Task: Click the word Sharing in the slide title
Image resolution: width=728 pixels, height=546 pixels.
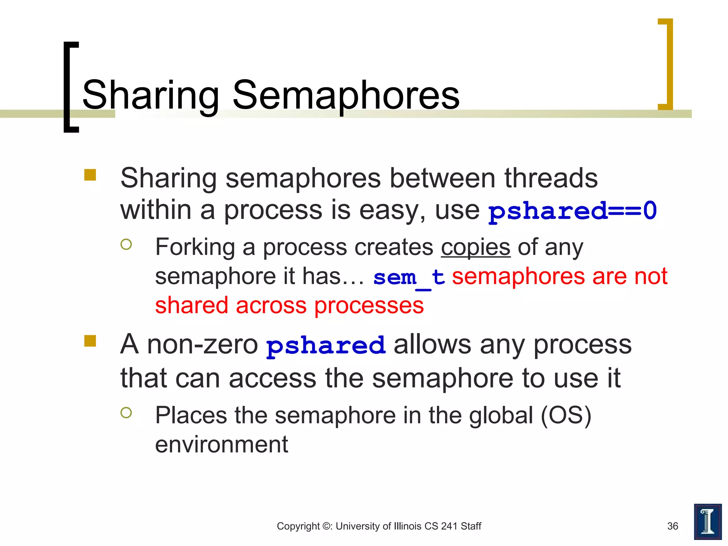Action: coord(151,95)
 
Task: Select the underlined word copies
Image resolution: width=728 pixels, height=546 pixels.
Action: coord(476,247)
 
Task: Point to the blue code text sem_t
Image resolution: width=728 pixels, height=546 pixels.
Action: coord(409,277)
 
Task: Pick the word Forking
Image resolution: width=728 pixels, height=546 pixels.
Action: coord(195,247)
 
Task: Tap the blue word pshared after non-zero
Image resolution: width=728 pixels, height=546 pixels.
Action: coord(326,345)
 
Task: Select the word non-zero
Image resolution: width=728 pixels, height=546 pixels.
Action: coord(202,344)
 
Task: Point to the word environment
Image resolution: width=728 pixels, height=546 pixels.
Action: coord(221,444)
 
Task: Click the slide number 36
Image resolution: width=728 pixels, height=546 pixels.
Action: coord(673,526)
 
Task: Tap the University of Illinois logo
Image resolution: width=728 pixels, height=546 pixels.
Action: coord(707,521)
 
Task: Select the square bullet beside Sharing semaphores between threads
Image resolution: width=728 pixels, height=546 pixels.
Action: coord(90,175)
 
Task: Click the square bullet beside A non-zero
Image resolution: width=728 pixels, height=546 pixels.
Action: coord(90,341)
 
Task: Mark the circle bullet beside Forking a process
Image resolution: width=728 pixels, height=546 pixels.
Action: coord(126,244)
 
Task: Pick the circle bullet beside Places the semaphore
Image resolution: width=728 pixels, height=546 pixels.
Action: coord(126,412)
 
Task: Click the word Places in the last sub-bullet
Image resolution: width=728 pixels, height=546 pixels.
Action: coord(191,415)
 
